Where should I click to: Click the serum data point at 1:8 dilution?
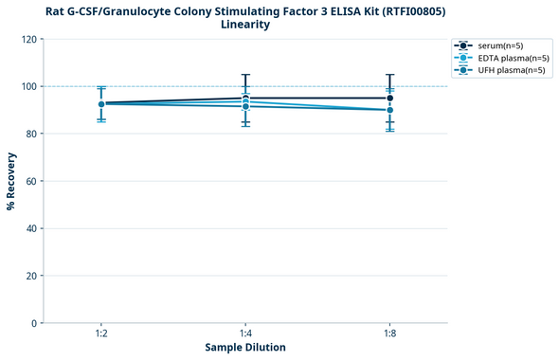[389, 98]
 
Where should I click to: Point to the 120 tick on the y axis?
[27, 39]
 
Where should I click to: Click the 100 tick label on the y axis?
[27, 86]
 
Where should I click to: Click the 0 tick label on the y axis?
[33, 323]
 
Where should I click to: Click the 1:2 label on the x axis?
[101, 333]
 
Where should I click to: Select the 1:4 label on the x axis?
[245, 333]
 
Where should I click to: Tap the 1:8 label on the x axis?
[389, 333]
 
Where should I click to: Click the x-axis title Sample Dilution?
[245, 348]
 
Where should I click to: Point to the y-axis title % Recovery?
[11, 181]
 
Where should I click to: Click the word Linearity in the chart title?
[244, 25]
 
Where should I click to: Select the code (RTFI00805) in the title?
[406, 10]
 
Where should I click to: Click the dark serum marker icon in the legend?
[462, 45]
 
